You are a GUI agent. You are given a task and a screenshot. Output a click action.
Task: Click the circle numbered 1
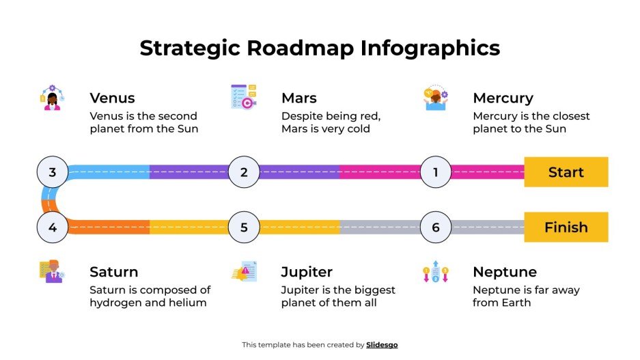point(436,172)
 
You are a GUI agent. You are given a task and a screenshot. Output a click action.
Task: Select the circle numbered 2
point(244,172)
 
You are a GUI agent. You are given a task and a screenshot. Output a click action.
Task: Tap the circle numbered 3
point(53,172)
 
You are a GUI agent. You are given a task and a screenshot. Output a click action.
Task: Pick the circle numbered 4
point(53,227)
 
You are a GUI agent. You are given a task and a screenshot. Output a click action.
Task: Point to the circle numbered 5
point(244,227)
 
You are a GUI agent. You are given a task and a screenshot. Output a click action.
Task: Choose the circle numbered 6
point(436,227)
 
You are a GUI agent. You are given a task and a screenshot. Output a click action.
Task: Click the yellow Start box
point(566,172)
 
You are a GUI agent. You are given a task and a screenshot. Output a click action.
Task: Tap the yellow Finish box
point(566,227)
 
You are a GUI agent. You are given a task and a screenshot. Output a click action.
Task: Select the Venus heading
point(112,98)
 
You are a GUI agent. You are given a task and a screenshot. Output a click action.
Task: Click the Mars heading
point(299,98)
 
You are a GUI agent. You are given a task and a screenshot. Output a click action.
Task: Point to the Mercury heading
point(503,98)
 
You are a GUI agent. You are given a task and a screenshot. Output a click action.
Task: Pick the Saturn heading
point(114,273)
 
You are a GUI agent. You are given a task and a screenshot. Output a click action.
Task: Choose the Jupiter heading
point(307,273)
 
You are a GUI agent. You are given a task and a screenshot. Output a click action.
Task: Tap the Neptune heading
point(505,273)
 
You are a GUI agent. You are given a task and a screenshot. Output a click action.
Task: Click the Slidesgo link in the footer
point(382,345)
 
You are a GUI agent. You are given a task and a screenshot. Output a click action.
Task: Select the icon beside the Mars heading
point(243,97)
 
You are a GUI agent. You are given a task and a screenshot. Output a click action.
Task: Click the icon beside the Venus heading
point(52,98)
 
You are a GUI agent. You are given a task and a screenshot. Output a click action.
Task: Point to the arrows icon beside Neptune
point(435,272)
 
